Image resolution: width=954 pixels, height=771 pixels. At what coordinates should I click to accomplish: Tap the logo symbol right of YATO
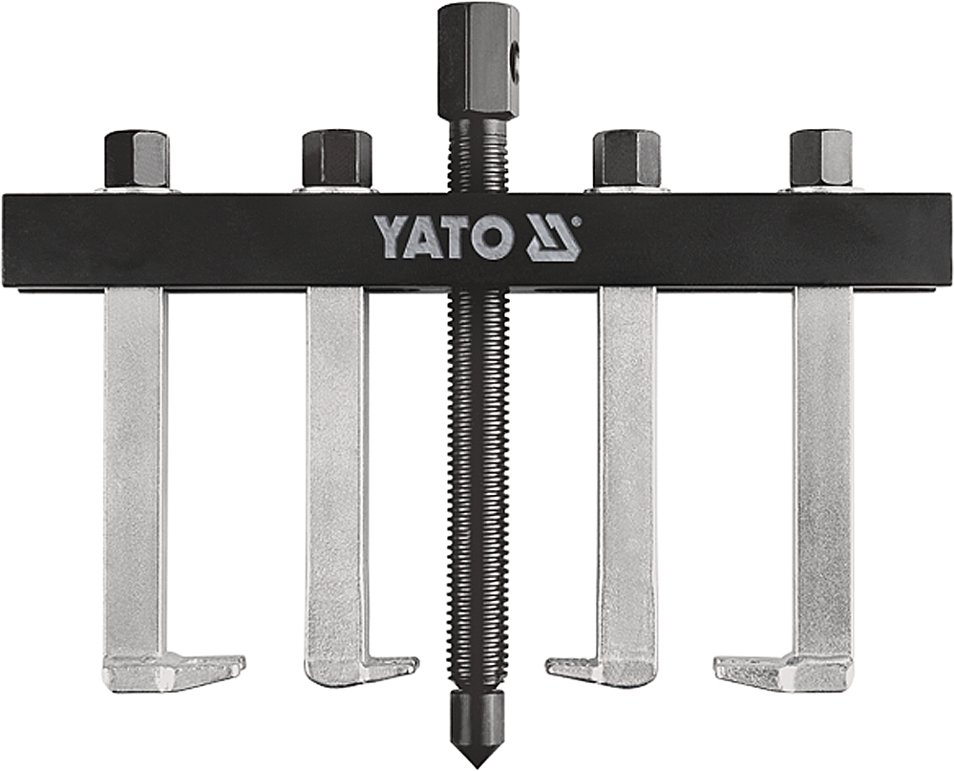click(x=553, y=238)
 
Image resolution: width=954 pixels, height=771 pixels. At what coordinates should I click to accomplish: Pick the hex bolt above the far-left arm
click(x=136, y=159)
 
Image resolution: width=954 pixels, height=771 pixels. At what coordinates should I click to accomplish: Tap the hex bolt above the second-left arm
click(x=336, y=159)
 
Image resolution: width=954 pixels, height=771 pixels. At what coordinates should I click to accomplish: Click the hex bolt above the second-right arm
click(x=626, y=159)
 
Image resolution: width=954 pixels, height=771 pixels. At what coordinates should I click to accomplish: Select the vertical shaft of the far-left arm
click(x=135, y=459)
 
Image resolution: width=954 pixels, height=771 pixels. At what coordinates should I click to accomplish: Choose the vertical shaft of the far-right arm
click(x=822, y=459)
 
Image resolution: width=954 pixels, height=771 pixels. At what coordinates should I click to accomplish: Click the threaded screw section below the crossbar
click(x=476, y=478)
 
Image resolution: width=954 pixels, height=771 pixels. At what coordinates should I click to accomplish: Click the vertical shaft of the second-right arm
click(x=627, y=459)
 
